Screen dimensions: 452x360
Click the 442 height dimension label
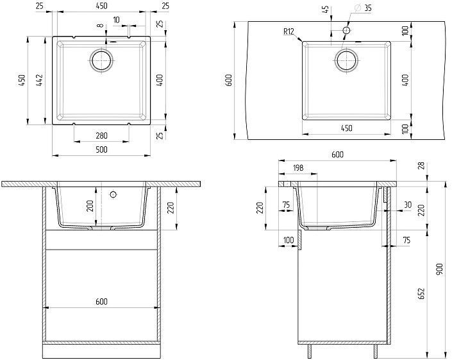click(x=40, y=80)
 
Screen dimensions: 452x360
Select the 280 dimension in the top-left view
click(x=101, y=135)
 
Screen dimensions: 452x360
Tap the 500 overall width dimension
click(x=101, y=149)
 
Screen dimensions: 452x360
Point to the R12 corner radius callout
click(x=289, y=31)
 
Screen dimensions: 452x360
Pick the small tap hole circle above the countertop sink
click(x=346, y=30)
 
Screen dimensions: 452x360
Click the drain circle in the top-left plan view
click(x=101, y=61)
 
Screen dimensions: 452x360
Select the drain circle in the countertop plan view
click(x=346, y=60)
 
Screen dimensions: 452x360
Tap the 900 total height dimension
click(x=439, y=269)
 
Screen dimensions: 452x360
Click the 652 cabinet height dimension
click(x=421, y=293)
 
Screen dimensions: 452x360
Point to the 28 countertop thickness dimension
click(x=421, y=166)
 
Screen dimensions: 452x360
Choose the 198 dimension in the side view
click(x=298, y=167)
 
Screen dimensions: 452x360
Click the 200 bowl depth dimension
click(x=90, y=206)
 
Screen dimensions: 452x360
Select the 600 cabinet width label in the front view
click(x=101, y=302)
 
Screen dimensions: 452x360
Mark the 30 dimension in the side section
click(x=407, y=205)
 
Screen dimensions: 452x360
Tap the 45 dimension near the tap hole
click(x=326, y=10)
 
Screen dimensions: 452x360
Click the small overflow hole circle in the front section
click(x=113, y=194)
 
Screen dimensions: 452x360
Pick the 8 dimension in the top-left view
click(x=100, y=26)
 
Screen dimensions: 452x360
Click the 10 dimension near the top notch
click(x=116, y=20)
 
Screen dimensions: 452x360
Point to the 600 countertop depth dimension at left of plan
click(x=229, y=80)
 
